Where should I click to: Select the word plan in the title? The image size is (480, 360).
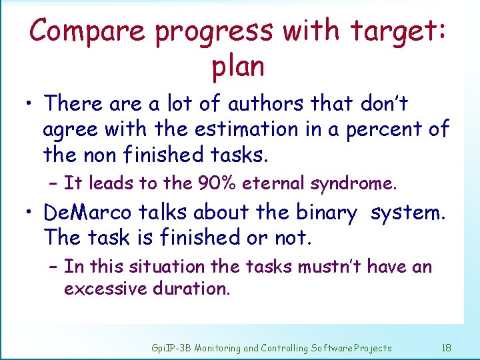[237, 67]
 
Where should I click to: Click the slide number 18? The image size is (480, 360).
[446, 347]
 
